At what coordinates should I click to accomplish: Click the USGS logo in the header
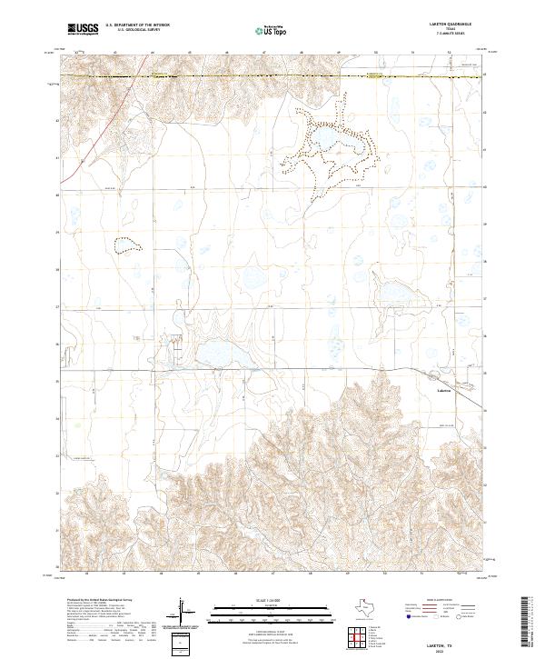coord(83,29)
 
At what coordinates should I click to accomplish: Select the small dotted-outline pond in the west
coord(126,244)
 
